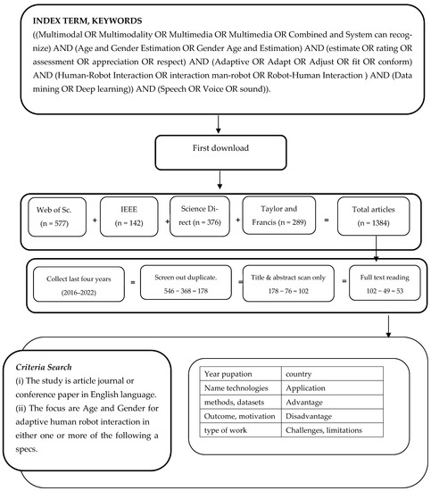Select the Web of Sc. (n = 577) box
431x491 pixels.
[52, 217]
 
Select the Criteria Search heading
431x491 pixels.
[47, 366]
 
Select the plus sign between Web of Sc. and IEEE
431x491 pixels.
[93, 217]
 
